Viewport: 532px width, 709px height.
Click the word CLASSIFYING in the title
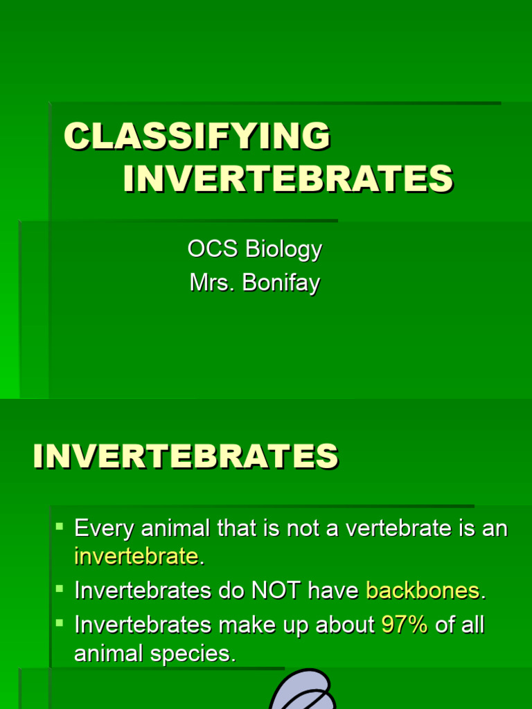tap(197, 137)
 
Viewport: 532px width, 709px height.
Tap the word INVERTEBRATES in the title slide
tap(287, 179)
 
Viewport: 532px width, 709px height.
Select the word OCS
tap(209, 249)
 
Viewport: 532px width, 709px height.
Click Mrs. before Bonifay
tap(212, 282)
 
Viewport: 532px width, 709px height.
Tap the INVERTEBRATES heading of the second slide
tap(186, 457)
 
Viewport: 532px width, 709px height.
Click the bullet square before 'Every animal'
tap(60, 527)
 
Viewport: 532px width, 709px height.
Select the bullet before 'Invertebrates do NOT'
tap(60, 589)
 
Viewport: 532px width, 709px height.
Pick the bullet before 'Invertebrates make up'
tap(60, 623)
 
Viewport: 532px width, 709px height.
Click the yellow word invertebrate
tap(136, 556)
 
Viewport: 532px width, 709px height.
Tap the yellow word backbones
tap(423, 591)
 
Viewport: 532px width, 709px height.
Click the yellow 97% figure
tap(405, 625)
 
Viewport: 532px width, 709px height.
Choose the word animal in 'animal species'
tap(105, 654)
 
